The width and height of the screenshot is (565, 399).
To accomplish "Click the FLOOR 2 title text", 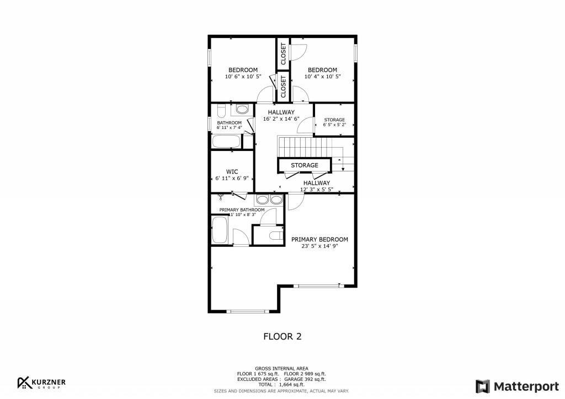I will (x=282, y=336).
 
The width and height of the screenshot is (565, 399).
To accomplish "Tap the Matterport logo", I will (x=511, y=386).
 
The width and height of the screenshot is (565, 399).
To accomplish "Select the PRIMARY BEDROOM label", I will (x=319, y=240).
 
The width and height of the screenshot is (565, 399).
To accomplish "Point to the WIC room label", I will (x=232, y=171).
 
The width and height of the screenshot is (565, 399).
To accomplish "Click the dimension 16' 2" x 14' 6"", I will (x=281, y=119).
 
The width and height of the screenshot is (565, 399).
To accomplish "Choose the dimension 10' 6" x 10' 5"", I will (x=243, y=77).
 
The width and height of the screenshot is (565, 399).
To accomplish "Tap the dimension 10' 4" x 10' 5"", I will (x=322, y=77).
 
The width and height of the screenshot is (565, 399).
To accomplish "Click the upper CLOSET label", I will (x=284, y=54).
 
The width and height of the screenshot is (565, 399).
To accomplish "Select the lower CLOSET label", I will (x=284, y=87).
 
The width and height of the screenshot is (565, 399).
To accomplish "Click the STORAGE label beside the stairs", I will (x=305, y=165).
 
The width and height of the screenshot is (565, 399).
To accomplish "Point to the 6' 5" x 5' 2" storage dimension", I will (x=334, y=125).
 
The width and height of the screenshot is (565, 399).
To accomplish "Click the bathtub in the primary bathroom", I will (x=220, y=230).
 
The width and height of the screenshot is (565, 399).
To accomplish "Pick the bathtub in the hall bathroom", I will (x=226, y=142).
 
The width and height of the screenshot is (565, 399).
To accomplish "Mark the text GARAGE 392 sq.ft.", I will (x=305, y=379).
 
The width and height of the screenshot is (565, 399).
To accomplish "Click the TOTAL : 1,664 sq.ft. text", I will (x=282, y=385).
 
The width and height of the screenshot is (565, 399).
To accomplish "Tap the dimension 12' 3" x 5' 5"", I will (x=316, y=190).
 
